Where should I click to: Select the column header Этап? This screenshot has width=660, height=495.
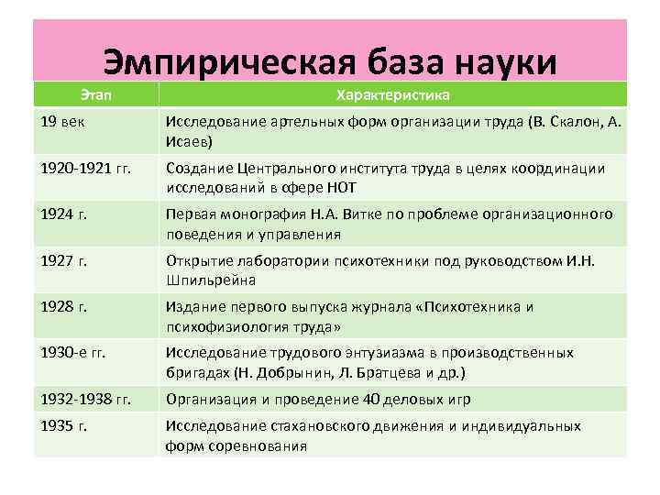pyautogui.click(x=96, y=95)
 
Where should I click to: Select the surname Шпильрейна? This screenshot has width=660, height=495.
pyautogui.click(x=211, y=280)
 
